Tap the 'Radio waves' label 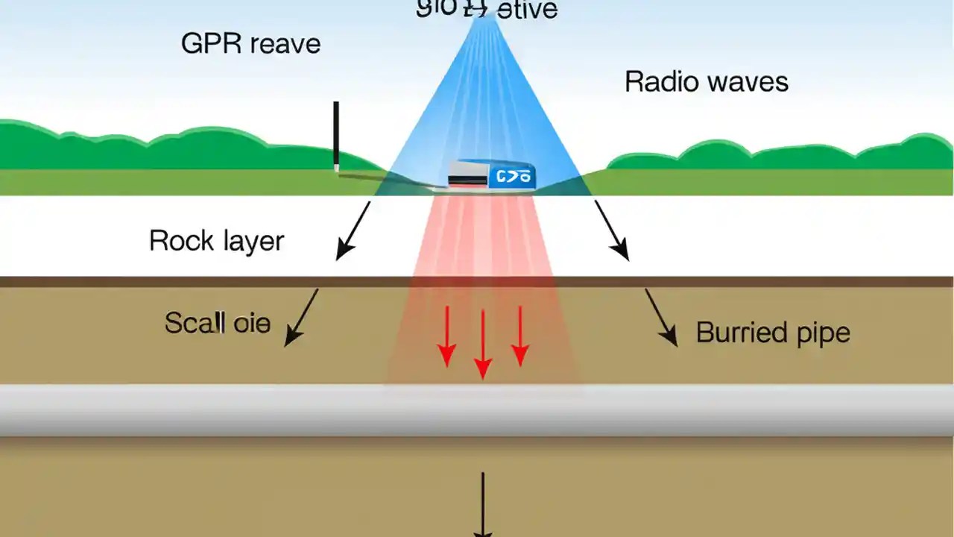coord(706,81)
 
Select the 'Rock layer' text coord(216,241)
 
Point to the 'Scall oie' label coord(217,323)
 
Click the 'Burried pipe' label coord(773,332)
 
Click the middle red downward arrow coord(483,343)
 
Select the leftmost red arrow coord(446,336)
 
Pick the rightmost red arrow coord(519,336)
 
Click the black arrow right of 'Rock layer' coord(353,230)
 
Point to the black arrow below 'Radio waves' coord(611,230)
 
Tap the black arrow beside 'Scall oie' coord(302,317)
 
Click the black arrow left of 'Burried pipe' coord(661,318)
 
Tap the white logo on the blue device coord(512,177)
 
